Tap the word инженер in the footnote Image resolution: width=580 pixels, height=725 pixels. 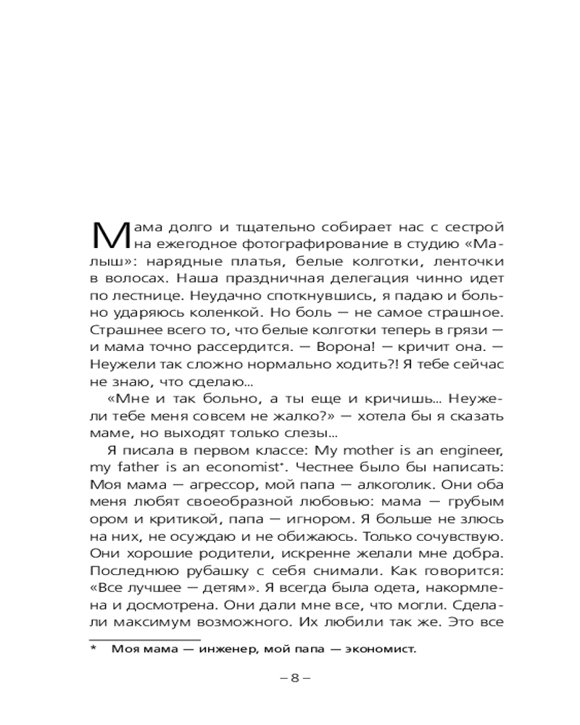(x=223, y=649)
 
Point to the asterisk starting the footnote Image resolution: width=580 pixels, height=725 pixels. (x=94, y=647)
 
